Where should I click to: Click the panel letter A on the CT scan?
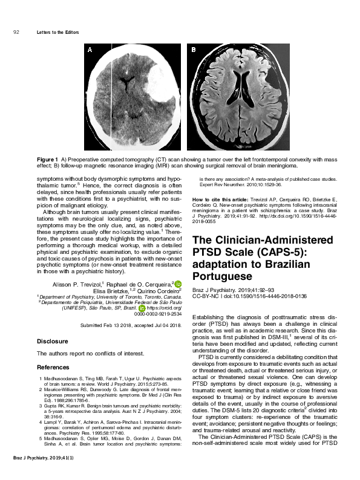point(90,51)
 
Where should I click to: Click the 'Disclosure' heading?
point(52,341)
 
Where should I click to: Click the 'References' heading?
point(53,367)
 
